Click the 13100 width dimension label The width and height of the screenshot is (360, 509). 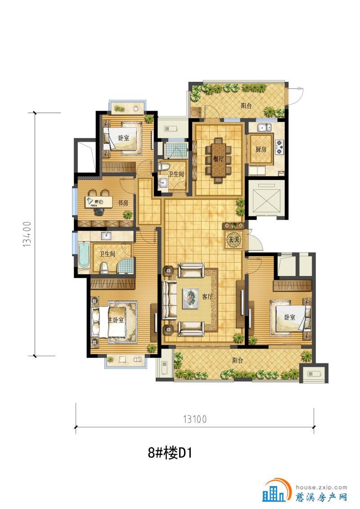coord(195,419)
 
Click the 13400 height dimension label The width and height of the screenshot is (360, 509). coord(27,234)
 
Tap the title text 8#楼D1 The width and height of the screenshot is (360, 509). coord(170,452)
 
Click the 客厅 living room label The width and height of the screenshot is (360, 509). coord(207,297)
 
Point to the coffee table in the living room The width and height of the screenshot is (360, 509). coord(190,298)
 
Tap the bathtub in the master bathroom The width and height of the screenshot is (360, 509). coord(84,254)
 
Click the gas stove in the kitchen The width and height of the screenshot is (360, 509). coord(279,147)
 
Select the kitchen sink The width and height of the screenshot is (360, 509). coord(265,127)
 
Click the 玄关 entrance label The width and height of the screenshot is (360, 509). coord(234,240)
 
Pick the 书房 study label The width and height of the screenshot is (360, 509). coord(123,203)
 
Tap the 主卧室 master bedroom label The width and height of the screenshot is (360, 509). coord(116,320)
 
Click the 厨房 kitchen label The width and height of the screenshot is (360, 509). coord(261,149)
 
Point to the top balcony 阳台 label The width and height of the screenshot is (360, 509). coord(246,106)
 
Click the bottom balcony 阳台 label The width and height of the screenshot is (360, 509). coord(238,360)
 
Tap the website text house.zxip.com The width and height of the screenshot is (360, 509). coord(322,487)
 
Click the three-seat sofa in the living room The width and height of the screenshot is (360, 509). coord(170,300)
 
